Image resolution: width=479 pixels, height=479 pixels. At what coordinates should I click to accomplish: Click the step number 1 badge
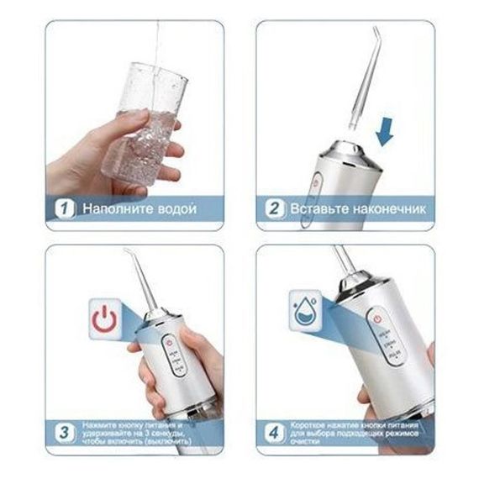coord(64,206)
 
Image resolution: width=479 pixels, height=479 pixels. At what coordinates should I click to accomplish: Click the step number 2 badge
coord(273,206)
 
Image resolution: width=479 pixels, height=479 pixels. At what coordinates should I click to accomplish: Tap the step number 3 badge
coord(64,433)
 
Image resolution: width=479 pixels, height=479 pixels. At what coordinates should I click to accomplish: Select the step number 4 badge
coord(273,433)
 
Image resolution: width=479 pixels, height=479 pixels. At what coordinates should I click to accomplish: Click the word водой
coord(175,207)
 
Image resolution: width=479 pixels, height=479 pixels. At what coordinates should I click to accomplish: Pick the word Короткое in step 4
coord(308,425)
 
